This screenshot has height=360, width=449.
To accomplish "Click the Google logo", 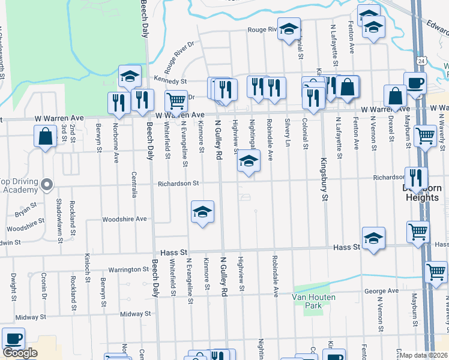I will (20, 353).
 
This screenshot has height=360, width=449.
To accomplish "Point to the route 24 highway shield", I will (423, 61).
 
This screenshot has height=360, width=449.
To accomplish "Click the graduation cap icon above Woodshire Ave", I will (203, 211).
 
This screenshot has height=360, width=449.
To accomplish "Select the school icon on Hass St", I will (373, 238).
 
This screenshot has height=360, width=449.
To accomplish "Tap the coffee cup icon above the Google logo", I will (13, 338).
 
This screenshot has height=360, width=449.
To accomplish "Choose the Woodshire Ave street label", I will (124, 219).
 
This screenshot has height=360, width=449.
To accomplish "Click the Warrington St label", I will (128, 270).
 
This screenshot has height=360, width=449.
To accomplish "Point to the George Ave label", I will (381, 291).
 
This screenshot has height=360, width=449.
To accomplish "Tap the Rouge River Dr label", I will (182, 53).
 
